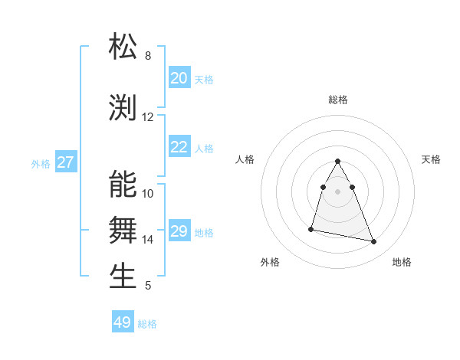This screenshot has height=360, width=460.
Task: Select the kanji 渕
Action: pos(123,108)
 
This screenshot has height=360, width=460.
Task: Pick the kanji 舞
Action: pos(123,230)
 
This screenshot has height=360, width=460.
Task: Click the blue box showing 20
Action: pos(179,78)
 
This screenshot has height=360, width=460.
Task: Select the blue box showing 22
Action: pos(179,147)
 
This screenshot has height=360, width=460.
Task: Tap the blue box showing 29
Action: pos(179,231)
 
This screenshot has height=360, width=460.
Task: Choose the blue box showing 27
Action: pos(66,162)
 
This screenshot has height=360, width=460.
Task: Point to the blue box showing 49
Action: pos(123,322)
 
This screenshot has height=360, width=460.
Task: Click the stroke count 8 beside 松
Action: pos(148,56)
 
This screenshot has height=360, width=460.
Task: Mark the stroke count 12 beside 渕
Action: pos(148,117)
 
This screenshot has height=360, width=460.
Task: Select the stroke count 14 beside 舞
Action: pos(148,240)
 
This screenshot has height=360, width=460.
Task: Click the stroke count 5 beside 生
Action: pos(148,286)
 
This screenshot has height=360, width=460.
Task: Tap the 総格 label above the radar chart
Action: pos(338,100)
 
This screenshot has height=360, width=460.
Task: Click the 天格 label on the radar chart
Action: pos(431,159)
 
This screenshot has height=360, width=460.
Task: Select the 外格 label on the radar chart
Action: pos(270,262)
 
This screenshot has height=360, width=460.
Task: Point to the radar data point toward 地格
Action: pos(374,242)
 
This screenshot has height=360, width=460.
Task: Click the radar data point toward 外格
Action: pos(311,228)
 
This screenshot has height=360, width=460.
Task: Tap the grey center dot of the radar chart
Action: pos(338,191)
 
